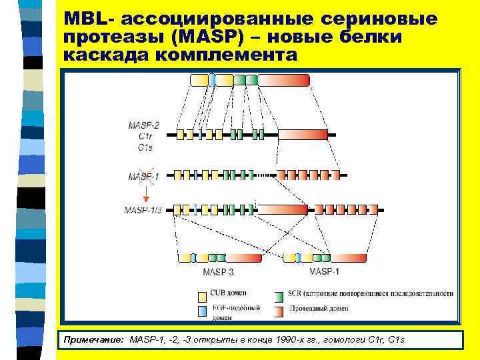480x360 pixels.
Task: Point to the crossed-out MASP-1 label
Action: pyautogui.click(x=144, y=175)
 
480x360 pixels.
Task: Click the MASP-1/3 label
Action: pyautogui.click(x=143, y=210)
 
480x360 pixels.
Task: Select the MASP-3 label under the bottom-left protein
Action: pyautogui.click(x=218, y=272)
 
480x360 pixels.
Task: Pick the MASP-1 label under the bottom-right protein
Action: pyautogui.click(x=324, y=272)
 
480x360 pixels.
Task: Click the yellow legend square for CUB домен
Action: pyautogui.click(x=202, y=294)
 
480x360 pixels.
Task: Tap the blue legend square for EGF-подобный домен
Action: pyautogui.click(x=202, y=311)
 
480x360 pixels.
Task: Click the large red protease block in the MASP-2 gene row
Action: pyautogui.click(x=303, y=135)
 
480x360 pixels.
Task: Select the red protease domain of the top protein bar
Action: pyautogui.click(x=284, y=80)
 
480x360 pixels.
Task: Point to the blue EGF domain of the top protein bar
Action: pyautogui.click(x=212, y=80)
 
